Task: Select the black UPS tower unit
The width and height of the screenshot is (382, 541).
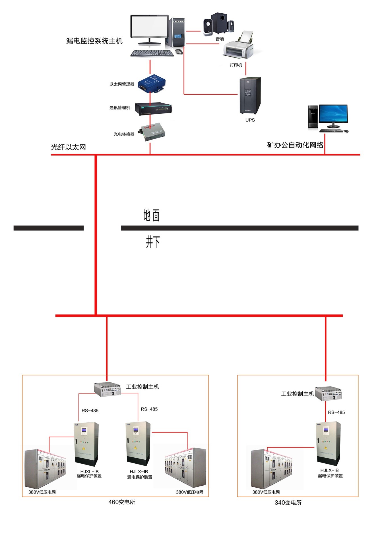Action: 250,96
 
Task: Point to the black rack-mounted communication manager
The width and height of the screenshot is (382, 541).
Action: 153,108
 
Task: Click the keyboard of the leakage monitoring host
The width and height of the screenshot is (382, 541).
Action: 152,53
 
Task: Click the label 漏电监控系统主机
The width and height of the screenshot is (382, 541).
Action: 94,41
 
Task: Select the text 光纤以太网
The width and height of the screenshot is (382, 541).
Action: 68,147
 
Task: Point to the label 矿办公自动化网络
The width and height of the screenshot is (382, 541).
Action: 295,145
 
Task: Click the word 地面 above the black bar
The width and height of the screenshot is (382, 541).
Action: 151,215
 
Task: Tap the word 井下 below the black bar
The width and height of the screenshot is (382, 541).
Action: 153,242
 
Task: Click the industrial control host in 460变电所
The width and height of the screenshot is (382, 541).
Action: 108,389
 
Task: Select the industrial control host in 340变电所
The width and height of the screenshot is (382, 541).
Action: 328,393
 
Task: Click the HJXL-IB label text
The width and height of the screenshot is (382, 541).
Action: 89,471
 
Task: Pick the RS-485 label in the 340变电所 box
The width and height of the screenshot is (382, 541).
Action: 336,412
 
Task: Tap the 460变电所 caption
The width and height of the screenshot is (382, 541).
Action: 122,502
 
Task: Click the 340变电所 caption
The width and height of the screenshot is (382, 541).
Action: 288,503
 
